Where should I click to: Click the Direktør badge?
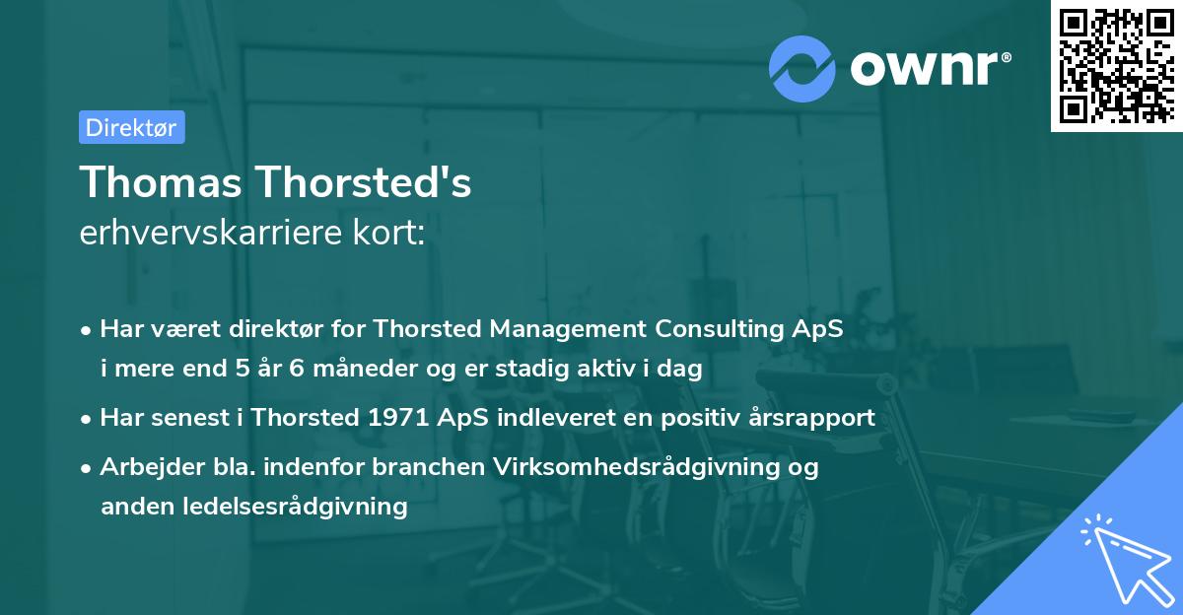coord(131,127)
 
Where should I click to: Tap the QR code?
coord(1116,66)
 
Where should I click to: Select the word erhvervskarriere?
coord(208,234)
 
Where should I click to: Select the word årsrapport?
coord(811,417)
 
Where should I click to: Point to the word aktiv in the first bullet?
coord(632,370)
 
